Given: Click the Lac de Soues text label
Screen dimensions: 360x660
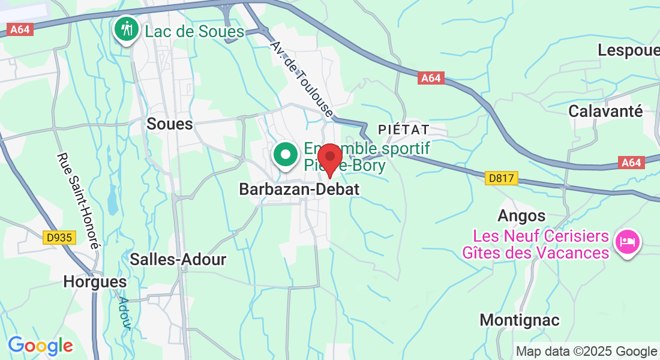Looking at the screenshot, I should click(194, 32).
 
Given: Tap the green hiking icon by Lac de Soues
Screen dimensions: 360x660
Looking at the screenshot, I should click(127, 29).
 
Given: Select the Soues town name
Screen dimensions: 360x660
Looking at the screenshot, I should click(170, 124).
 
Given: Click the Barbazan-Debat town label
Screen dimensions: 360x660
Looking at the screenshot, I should click(299, 189).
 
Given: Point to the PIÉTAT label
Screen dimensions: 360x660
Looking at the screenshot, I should click(404, 130).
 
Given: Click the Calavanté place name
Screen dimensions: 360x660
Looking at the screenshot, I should click(605, 111).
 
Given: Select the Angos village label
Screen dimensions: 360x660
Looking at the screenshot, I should click(521, 216).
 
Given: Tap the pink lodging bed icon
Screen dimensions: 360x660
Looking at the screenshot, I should click(628, 242).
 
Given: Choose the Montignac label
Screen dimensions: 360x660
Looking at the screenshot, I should click(520, 320).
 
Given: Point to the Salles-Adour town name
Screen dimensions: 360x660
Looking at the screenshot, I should click(178, 259).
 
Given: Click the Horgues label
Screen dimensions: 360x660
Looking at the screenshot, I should click(95, 281).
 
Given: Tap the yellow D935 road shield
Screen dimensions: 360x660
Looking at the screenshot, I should click(59, 238).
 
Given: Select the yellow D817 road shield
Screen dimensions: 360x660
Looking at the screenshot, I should click(501, 178).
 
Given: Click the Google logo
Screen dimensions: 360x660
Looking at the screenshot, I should click(40, 346).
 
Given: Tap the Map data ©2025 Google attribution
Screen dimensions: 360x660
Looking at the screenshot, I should click(586, 352).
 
